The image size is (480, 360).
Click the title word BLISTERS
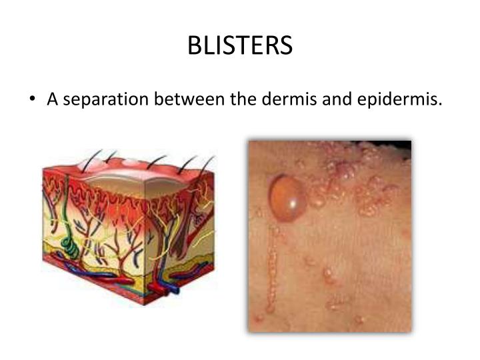(x=240, y=45)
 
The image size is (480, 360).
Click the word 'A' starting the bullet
(x=52, y=100)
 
